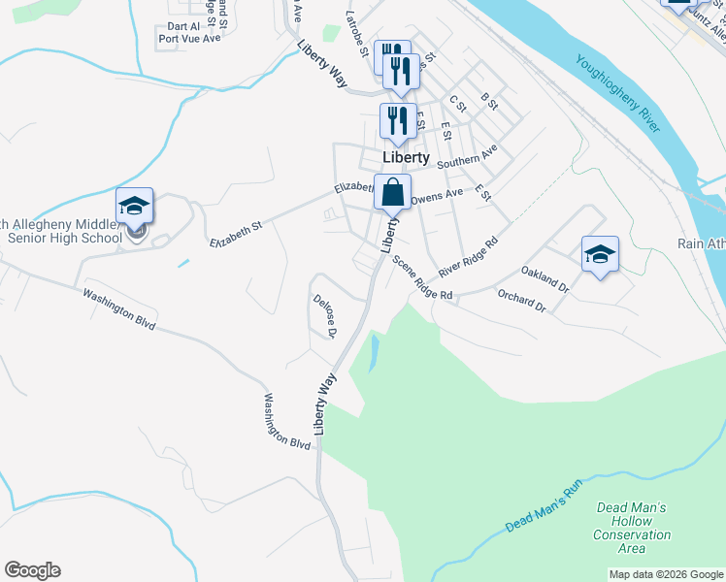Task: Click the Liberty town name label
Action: [406, 157]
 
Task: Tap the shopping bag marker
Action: [392, 192]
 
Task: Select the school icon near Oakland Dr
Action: [600, 254]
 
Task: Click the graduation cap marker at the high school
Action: [134, 206]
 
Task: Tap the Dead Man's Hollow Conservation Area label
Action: [632, 528]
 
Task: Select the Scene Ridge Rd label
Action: [422, 277]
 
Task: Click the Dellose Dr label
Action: [324, 316]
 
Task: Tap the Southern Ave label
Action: [467, 156]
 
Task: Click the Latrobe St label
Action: [357, 33]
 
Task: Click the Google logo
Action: [32, 570]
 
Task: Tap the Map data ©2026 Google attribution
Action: [665, 574]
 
